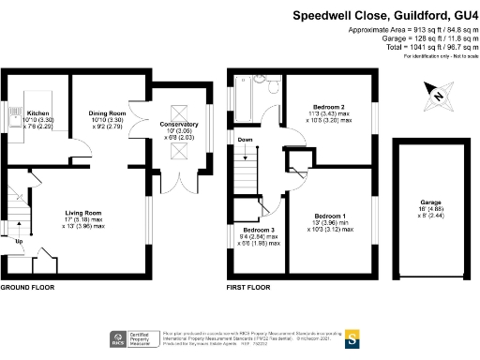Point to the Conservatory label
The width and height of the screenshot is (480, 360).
pos(177,125)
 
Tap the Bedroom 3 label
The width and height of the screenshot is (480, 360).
pos(258,230)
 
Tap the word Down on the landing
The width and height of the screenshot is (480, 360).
pos(246,140)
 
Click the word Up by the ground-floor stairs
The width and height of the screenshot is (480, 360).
pos(18,241)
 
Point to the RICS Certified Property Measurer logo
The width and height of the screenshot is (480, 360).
pos(130,339)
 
